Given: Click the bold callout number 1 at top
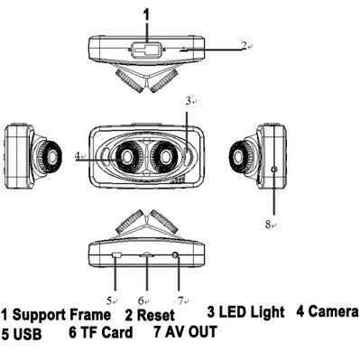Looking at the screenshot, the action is tap(146, 14).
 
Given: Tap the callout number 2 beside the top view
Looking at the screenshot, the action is tap(244, 45).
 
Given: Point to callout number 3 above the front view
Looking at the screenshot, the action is tap(189, 101).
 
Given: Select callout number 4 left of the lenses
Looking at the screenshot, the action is tap(78, 155).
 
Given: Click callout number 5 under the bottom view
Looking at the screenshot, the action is tap(109, 301).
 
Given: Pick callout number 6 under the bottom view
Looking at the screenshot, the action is tap(142, 301).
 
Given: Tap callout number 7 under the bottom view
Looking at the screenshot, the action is tap(180, 301).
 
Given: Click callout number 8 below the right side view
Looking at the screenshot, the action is tap(268, 224).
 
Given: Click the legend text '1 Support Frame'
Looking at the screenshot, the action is tap(56, 315).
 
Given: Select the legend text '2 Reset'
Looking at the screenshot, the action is tap(150, 315).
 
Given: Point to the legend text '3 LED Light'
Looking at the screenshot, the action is tap(245, 312).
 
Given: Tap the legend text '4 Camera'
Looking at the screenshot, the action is tap(328, 311).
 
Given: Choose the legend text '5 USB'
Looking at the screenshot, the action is tap(22, 334).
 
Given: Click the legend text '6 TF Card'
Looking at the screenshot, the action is tap(101, 332).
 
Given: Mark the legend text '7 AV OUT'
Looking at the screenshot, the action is tap(185, 331).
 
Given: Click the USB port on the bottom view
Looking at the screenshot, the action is tap(116, 255).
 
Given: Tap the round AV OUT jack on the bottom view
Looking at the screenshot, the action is tap(175, 255).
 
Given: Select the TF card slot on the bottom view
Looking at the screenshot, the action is tap(147, 255).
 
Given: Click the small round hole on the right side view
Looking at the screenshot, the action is tap(274, 170).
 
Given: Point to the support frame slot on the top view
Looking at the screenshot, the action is tap(147, 50).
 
